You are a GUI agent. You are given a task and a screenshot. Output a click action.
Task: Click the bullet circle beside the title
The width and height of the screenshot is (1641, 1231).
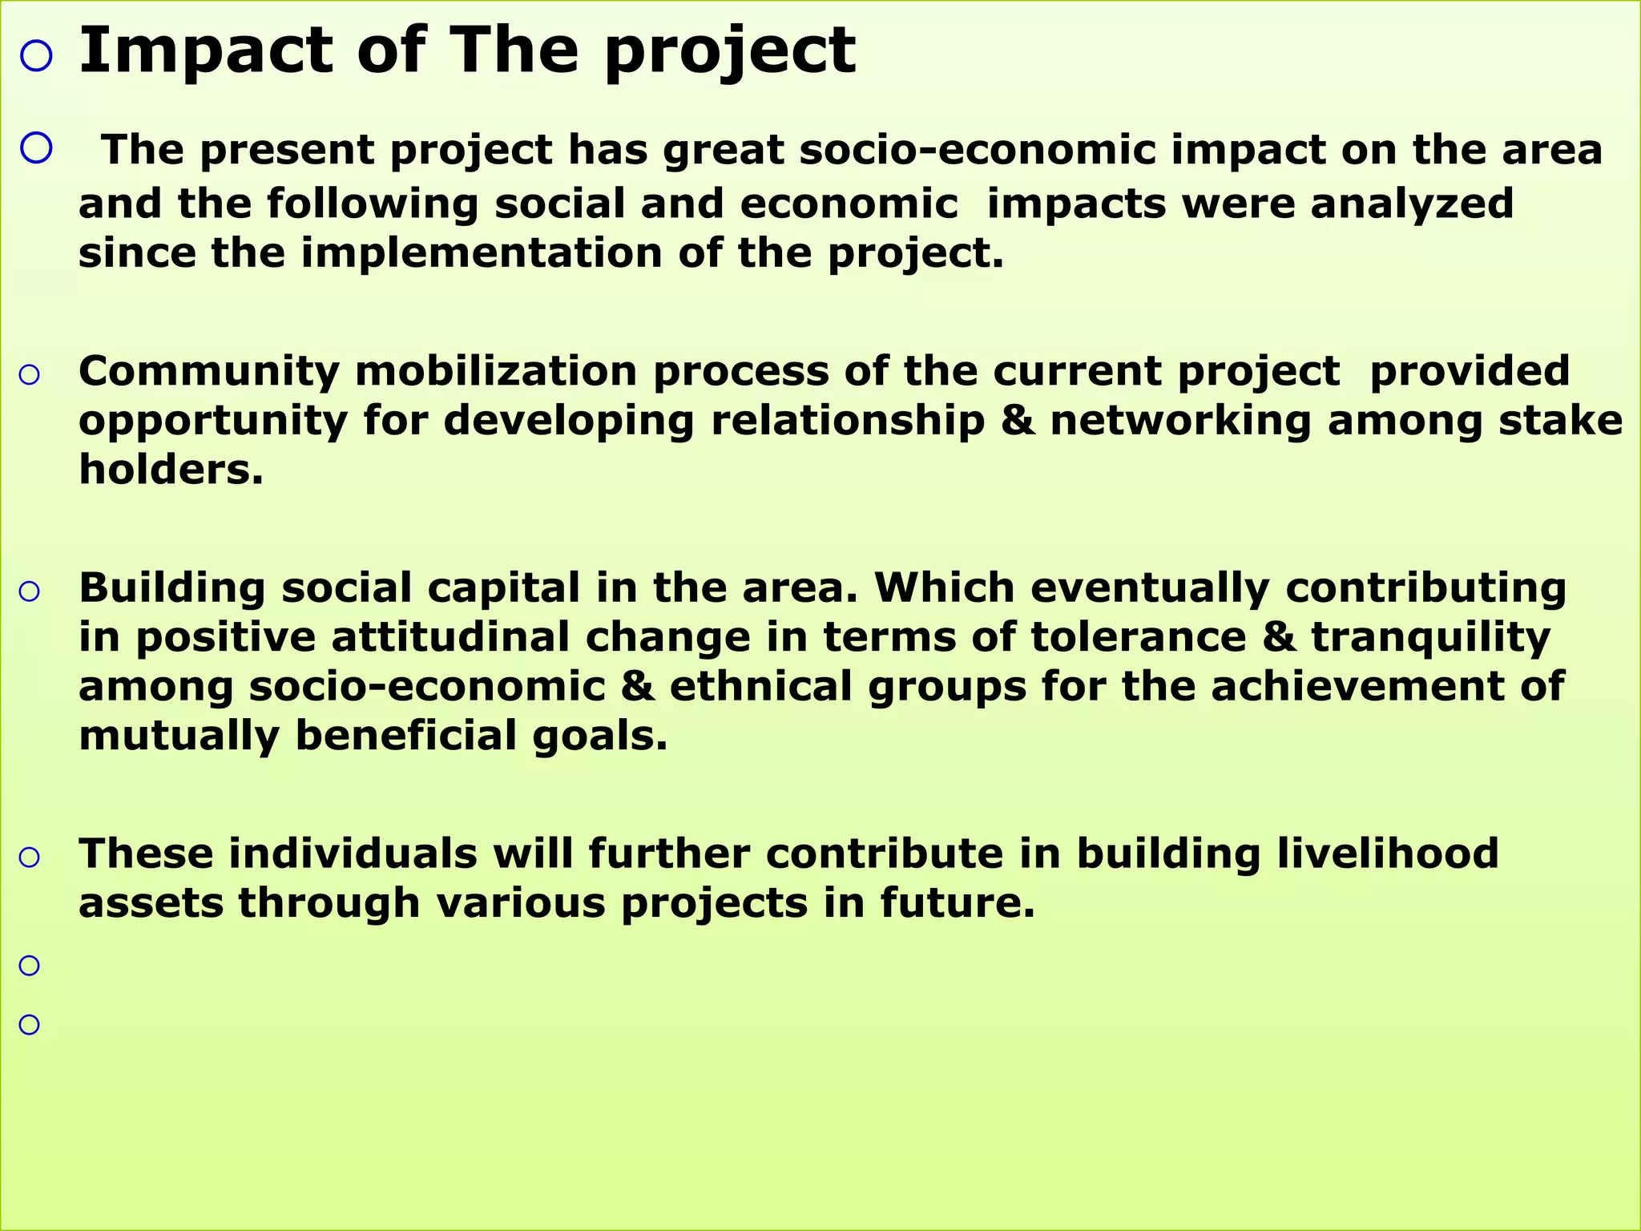coord(36,56)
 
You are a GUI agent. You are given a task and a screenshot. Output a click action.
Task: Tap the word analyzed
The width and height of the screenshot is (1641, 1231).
coord(1412,203)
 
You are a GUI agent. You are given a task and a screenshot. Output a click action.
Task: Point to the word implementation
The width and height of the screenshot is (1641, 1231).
coord(482,252)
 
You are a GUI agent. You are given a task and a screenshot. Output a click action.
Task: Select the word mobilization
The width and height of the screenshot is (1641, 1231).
coord(497,371)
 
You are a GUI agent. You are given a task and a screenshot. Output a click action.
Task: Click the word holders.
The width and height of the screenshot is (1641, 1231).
coord(171,470)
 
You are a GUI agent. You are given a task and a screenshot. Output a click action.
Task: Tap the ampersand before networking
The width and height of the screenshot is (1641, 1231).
coord(1018,421)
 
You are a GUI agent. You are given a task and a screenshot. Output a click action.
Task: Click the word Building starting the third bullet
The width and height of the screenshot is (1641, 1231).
coord(171,587)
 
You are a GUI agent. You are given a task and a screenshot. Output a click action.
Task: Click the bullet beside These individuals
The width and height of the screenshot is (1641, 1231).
coord(29,858)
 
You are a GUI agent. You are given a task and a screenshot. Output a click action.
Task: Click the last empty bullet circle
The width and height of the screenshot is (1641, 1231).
coord(29,1024)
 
